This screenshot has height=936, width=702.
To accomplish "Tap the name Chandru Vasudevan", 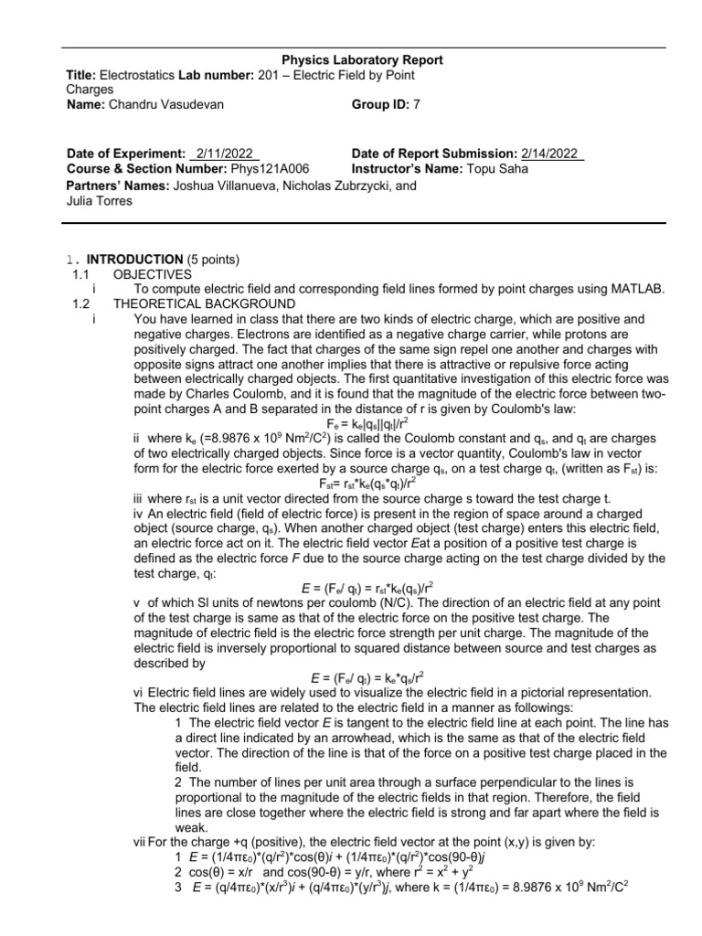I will [x=165, y=105].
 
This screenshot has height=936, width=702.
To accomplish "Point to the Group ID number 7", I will [x=417, y=105].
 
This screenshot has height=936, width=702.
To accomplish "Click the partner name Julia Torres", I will [x=100, y=200].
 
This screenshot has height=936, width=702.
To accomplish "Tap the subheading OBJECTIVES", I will [x=152, y=274].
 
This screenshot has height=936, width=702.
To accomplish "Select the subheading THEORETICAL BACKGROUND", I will [x=204, y=303].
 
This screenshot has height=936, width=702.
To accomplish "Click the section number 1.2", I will [x=81, y=303].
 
